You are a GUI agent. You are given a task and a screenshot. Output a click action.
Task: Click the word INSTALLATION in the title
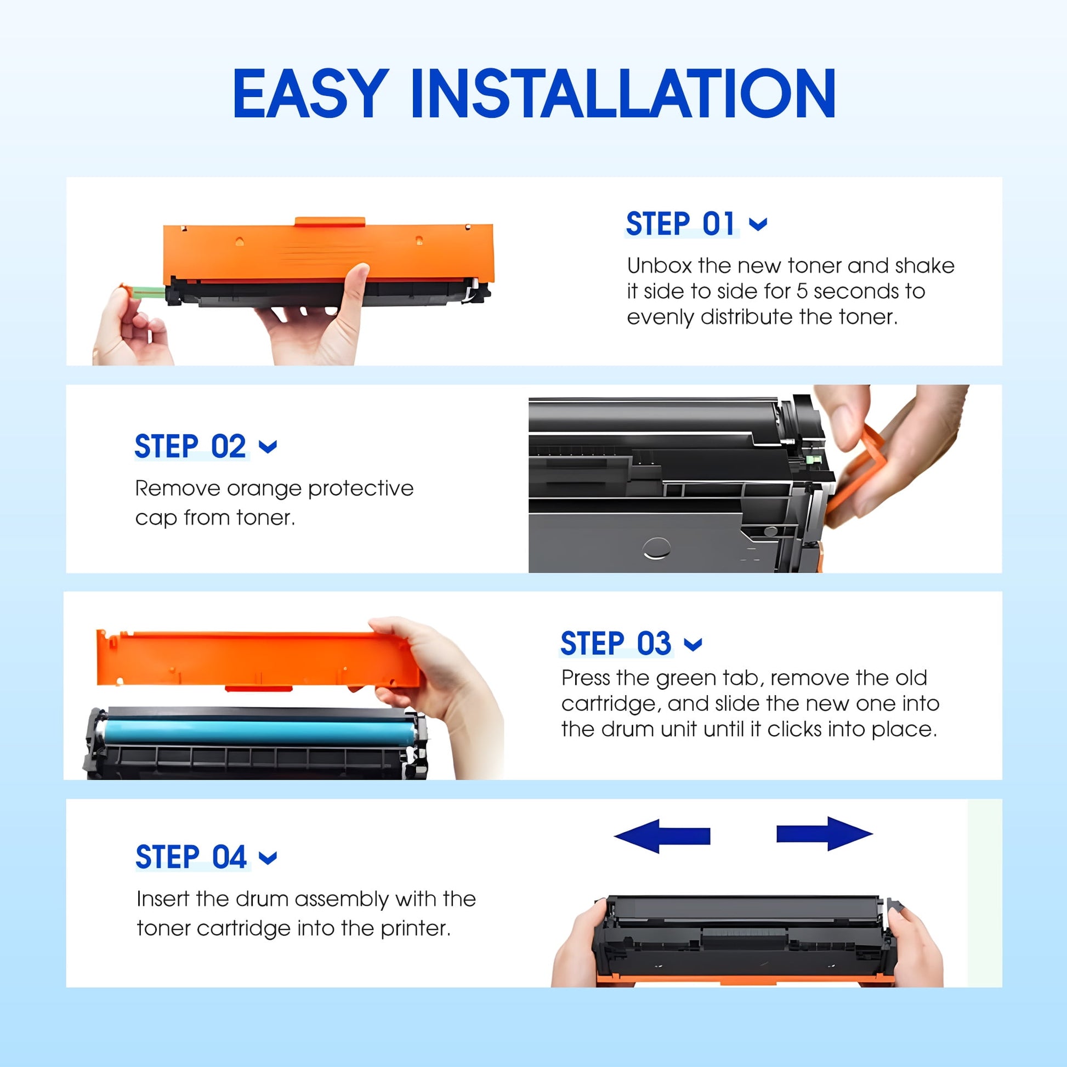[622, 93]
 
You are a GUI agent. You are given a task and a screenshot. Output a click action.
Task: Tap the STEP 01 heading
[680, 224]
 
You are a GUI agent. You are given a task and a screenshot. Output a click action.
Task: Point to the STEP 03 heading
[616, 643]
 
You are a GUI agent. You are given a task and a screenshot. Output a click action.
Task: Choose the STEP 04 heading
[191, 857]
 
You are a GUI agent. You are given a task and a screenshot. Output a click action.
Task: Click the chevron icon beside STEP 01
[758, 224]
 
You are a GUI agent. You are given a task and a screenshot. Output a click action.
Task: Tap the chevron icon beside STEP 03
[693, 644]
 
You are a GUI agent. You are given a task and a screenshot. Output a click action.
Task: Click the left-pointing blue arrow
[662, 836]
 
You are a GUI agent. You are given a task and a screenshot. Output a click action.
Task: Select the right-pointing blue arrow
[825, 833]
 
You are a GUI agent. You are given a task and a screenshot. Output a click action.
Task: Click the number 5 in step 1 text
[802, 292]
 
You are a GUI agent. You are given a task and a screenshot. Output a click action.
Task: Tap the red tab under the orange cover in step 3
[258, 688]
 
